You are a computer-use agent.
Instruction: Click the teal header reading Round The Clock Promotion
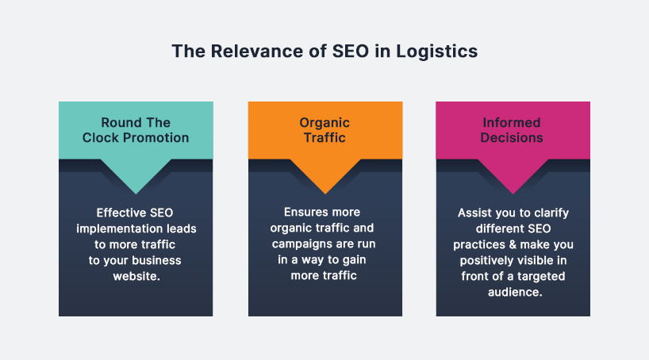[x=136, y=130]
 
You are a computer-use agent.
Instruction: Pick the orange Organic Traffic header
[x=324, y=130]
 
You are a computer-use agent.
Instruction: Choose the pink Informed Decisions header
[x=513, y=130]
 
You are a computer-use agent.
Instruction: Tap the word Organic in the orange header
[x=324, y=122]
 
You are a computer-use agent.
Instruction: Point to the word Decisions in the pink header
[x=513, y=137]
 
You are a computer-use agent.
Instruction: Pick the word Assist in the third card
[x=474, y=213]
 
